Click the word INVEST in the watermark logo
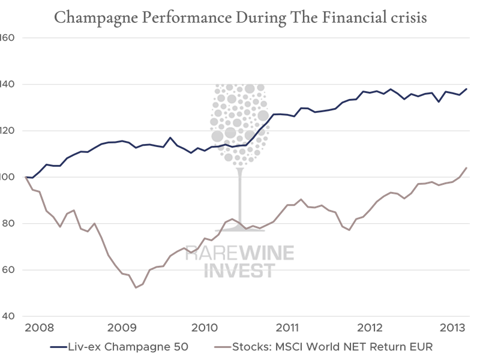239,271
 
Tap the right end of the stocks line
467,167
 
